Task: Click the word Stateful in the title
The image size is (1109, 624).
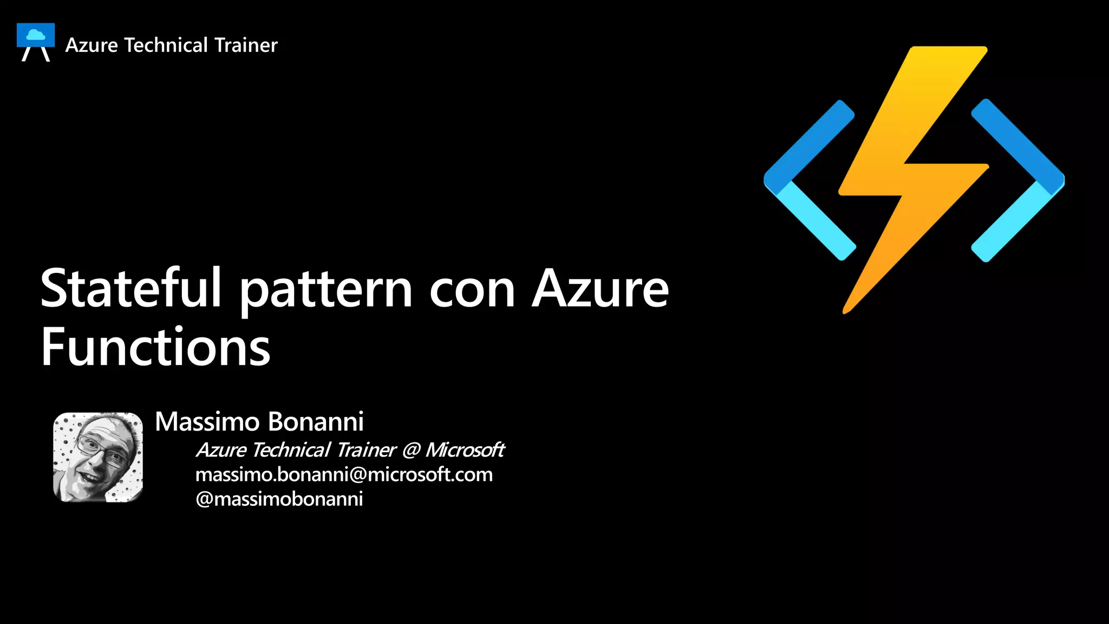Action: point(131,289)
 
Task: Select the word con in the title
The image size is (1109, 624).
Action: point(472,291)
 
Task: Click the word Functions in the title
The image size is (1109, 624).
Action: point(155,347)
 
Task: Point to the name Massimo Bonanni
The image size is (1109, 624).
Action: point(259,421)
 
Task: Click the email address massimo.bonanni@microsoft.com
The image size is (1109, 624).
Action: point(344,474)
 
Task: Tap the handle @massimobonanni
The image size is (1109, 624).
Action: point(279,499)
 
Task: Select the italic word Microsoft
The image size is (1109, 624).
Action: point(465,450)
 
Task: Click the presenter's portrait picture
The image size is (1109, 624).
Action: point(98,457)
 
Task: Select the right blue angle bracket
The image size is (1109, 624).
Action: point(1018,180)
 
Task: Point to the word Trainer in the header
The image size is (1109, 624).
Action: point(246,45)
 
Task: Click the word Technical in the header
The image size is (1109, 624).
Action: point(166,45)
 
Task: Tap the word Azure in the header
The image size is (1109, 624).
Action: point(92,45)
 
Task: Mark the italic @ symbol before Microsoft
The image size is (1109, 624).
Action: point(411,450)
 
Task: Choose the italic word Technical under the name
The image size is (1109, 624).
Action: point(291,450)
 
